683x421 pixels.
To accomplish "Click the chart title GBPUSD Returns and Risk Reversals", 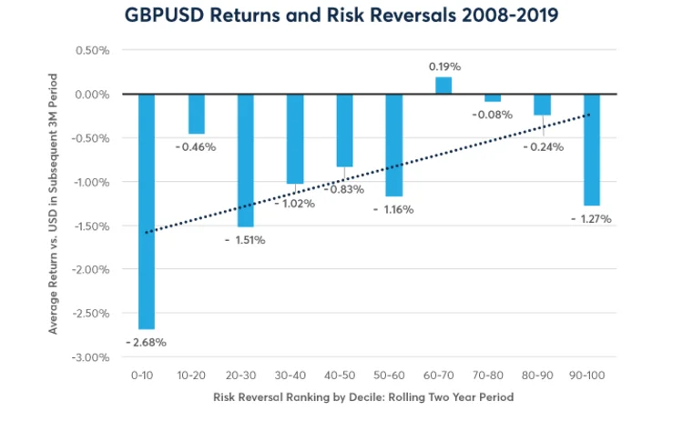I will (341, 15).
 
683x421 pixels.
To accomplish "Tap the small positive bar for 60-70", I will (443, 85).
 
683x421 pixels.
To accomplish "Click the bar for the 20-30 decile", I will (245, 160).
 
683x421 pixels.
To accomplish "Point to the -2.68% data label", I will (147, 343).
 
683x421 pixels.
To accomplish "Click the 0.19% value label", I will (443, 66).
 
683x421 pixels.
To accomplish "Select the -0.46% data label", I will (196, 146).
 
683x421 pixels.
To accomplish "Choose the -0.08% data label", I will (493, 115).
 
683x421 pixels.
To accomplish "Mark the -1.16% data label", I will (393, 209).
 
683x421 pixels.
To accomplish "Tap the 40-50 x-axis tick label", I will (344, 374).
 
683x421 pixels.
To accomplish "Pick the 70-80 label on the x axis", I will (493, 374).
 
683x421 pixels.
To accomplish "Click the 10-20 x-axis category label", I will (196, 374).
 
